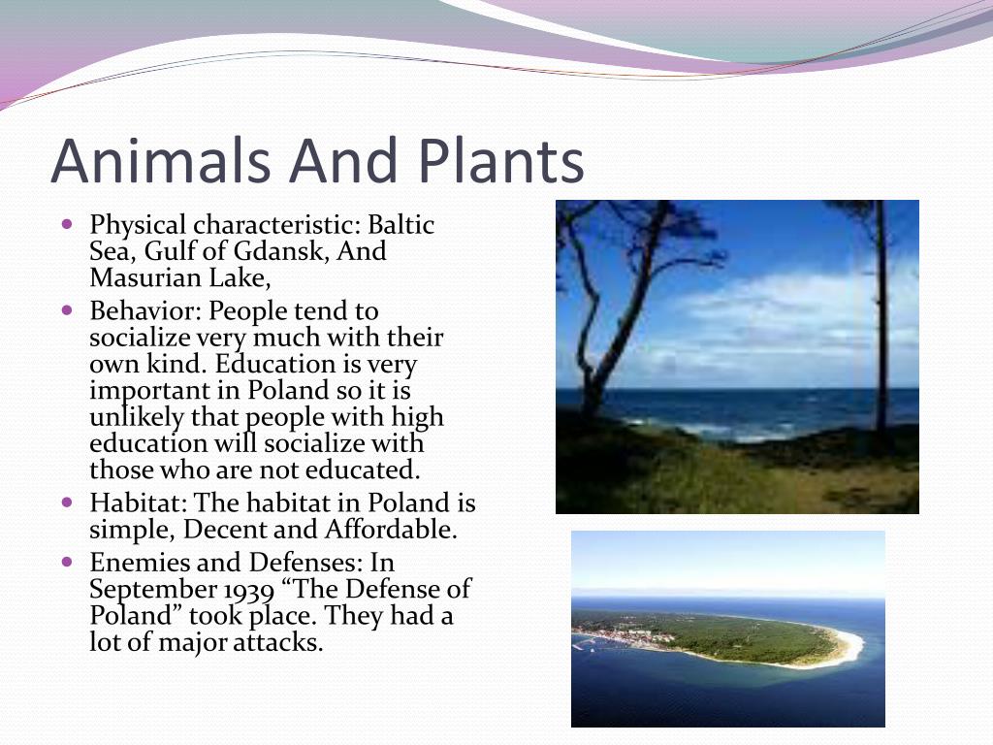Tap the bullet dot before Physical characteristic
click(68, 224)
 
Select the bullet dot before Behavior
click(68, 310)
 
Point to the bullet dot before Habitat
click(68, 502)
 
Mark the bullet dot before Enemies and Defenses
click(68, 562)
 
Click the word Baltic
click(401, 225)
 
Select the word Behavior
click(145, 311)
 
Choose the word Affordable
click(391, 530)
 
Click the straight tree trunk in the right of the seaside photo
click(881, 317)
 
